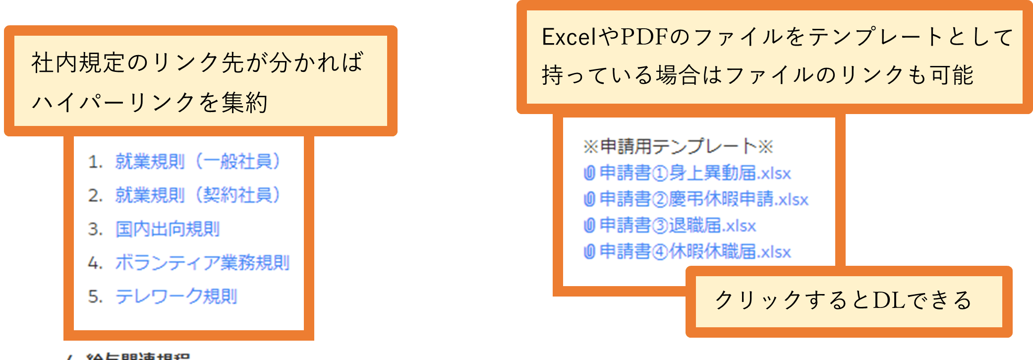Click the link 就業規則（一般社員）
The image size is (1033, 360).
197,162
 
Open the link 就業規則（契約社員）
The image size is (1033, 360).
197,195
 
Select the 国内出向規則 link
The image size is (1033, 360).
168,229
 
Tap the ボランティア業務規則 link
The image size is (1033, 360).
202,263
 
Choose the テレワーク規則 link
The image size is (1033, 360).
176,297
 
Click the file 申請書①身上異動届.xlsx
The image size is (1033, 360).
695,173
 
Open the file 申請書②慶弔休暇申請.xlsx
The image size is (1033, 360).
704,199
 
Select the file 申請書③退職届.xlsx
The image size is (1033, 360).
678,226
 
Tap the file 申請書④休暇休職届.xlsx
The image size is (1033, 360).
695,252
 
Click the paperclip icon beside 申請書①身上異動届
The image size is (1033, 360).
589,173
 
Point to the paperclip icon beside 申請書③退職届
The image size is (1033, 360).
589,226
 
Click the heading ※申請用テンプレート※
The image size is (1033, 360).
678,147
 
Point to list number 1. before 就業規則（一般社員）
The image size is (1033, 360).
95,162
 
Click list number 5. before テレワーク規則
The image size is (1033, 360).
95,297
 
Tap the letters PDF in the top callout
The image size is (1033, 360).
641,37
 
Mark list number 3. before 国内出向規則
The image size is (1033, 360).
95,230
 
